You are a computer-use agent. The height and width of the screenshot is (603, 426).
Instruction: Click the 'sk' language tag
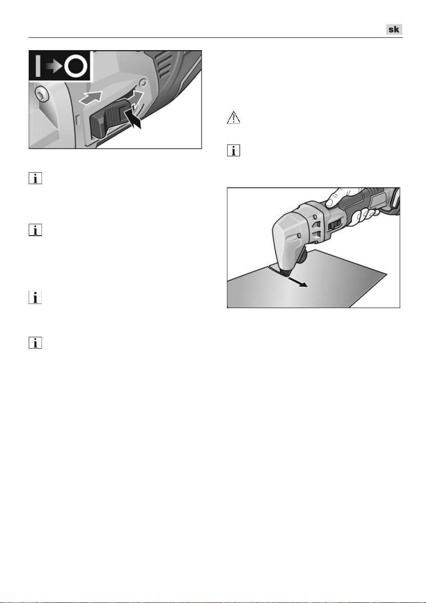[394, 29]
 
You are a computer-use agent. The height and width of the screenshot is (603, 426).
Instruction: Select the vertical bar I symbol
[38, 66]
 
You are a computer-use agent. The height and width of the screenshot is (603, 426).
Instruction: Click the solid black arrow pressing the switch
[134, 118]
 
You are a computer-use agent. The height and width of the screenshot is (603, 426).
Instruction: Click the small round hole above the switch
[143, 82]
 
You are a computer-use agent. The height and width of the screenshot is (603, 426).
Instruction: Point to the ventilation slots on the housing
[165, 67]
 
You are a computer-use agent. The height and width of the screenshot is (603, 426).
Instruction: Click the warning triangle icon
[234, 118]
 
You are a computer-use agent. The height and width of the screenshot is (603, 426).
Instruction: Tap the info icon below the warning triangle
[234, 150]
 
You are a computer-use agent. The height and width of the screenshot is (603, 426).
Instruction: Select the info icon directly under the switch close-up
[35, 178]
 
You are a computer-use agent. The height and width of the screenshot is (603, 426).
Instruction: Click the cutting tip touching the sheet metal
[285, 273]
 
